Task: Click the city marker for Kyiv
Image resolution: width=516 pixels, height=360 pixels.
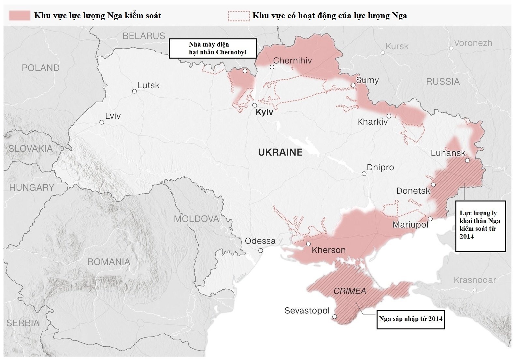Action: tap(255, 105)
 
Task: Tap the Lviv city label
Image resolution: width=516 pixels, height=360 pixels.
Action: tap(113, 116)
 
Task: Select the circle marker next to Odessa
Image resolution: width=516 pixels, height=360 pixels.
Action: tap(261, 250)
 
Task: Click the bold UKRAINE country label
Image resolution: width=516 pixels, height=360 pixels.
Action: tap(280, 152)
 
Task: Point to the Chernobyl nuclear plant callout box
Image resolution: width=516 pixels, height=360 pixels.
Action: tap(213, 48)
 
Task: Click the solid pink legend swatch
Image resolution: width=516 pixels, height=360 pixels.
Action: tap(20, 15)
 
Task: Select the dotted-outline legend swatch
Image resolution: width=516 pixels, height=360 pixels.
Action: tap(239, 16)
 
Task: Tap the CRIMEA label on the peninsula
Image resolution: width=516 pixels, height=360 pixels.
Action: tap(350, 291)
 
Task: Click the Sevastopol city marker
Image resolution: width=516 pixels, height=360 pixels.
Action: tap(335, 316)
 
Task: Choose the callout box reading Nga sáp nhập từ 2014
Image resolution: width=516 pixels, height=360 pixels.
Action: tap(410, 319)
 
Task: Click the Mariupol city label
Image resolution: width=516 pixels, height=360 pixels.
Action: tap(410, 225)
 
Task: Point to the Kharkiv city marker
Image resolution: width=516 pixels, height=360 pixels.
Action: tap(389, 116)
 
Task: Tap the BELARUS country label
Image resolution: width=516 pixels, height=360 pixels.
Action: tap(144, 36)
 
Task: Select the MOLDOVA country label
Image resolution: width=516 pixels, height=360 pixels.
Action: tap(196, 219)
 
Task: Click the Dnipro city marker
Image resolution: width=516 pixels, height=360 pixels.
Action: tap(364, 174)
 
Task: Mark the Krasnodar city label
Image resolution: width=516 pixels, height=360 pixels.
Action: tap(475, 280)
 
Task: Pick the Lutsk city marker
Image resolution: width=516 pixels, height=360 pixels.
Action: tap(134, 91)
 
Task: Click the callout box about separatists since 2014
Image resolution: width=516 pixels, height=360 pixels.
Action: tap(480, 226)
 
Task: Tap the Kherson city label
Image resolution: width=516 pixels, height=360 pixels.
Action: tap(328, 250)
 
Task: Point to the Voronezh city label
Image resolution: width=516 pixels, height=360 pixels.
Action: tap(473, 43)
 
